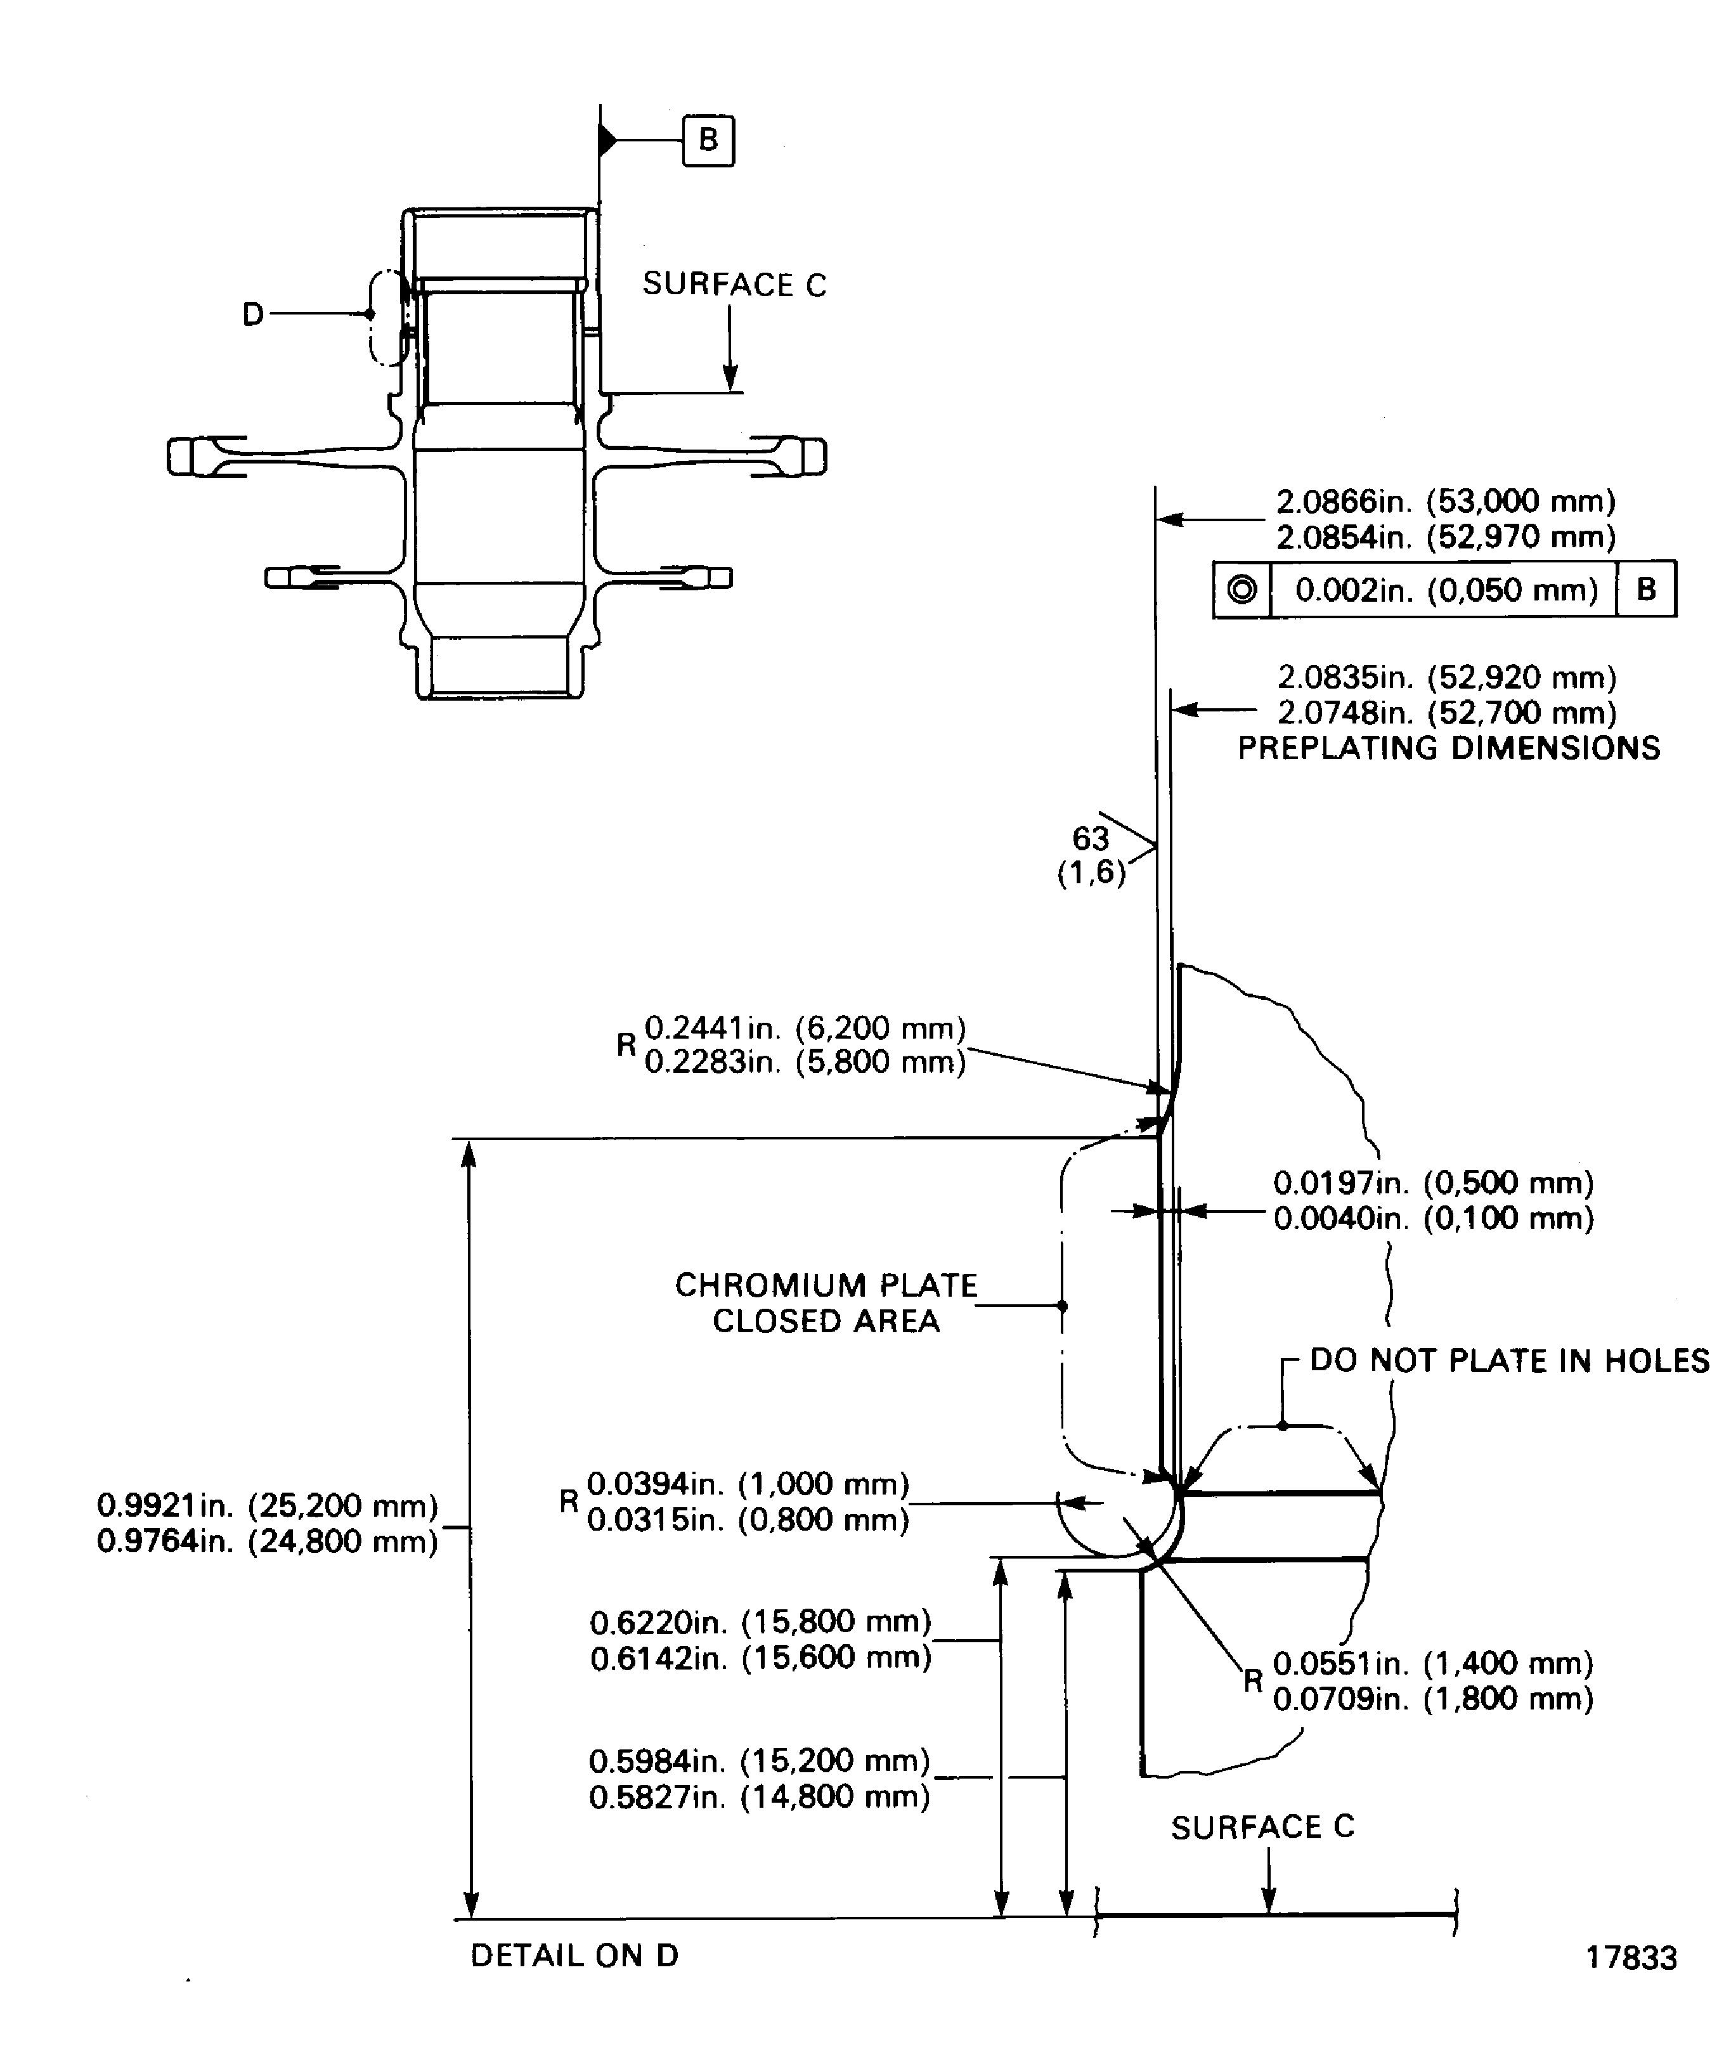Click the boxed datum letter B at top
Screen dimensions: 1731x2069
pos(708,140)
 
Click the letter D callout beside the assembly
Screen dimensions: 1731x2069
pos(253,315)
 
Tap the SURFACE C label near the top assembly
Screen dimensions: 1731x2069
pos(734,285)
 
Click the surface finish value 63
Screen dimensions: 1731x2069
pos(1091,838)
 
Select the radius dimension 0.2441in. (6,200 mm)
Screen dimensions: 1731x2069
pos(805,1028)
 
